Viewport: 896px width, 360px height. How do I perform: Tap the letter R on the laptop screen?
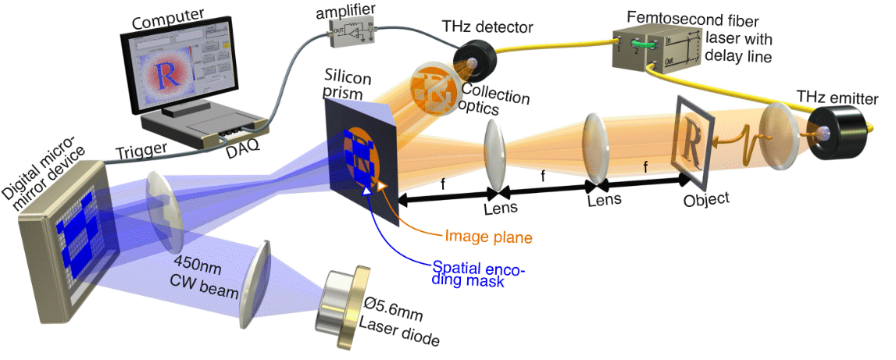[x=163, y=73]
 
